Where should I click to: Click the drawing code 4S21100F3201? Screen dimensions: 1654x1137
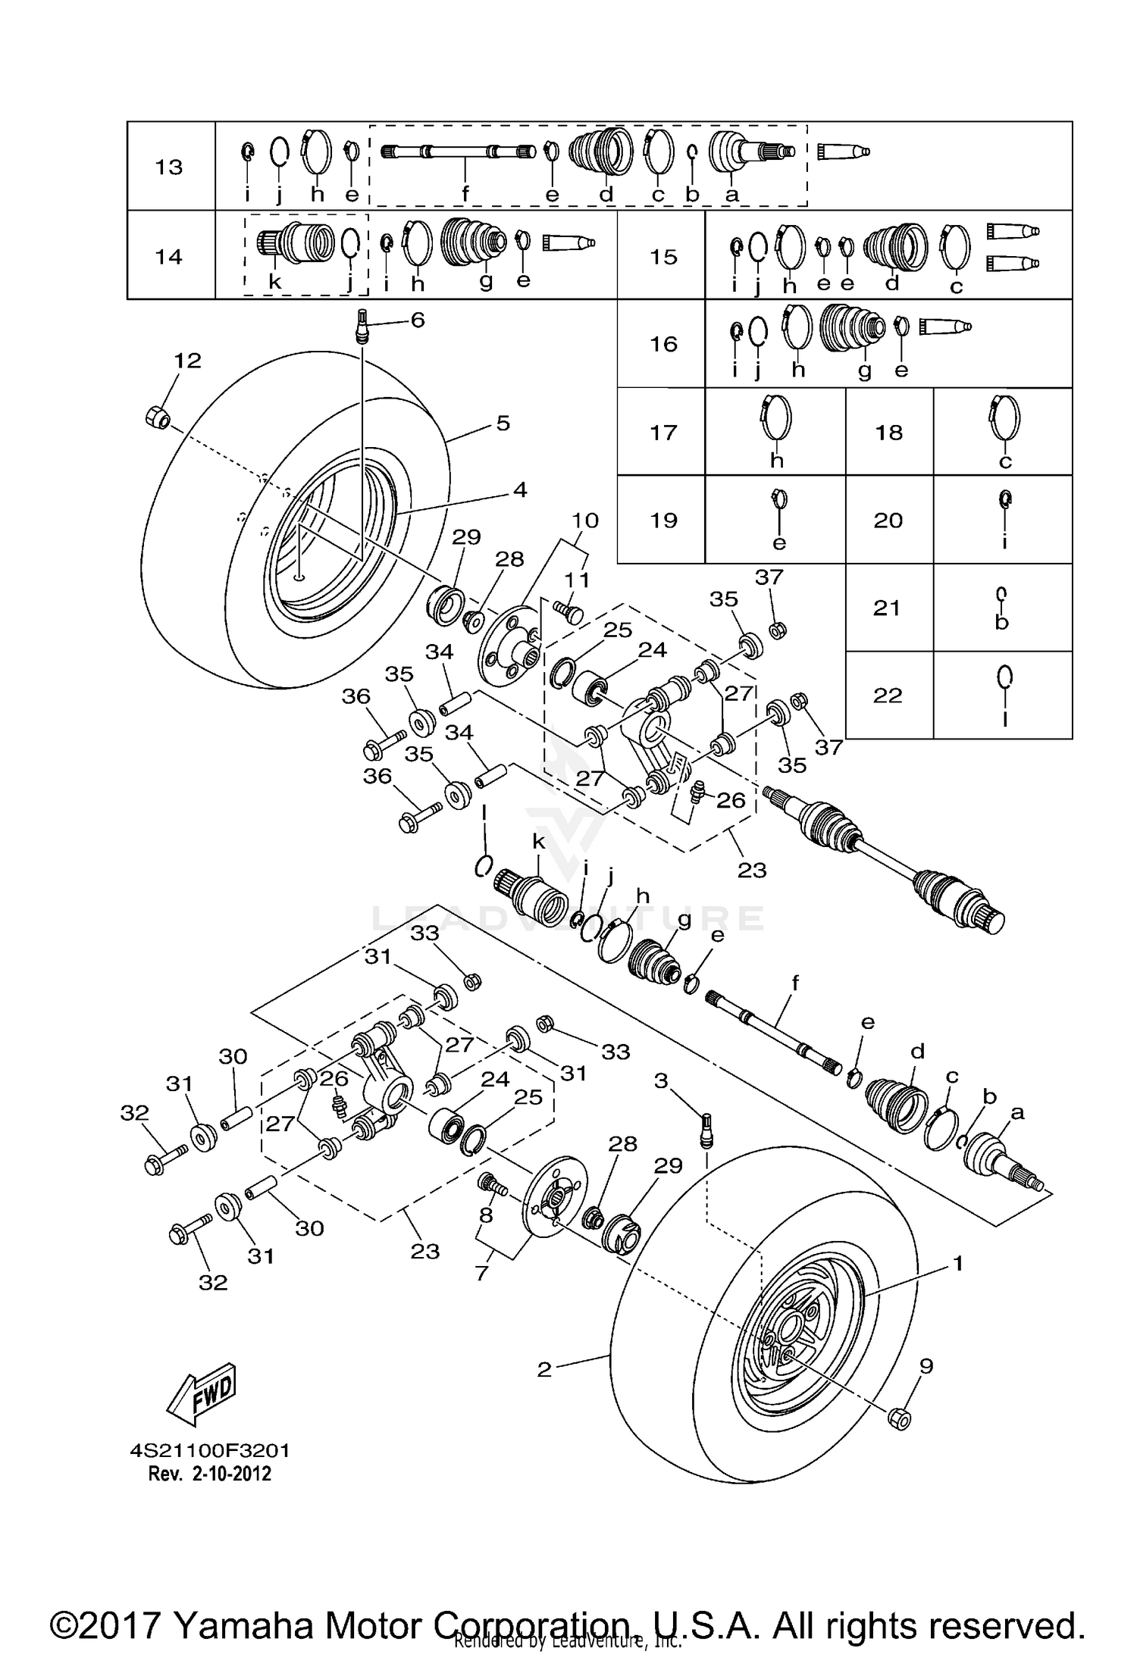(x=210, y=1451)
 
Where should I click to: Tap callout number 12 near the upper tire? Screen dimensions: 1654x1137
(x=187, y=361)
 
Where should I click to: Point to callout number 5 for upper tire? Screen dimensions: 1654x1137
(x=503, y=423)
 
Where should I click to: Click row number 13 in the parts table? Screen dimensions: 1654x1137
(x=169, y=167)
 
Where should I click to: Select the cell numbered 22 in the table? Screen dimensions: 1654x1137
(x=888, y=695)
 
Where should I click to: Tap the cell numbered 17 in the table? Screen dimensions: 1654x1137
(x=663, y=432)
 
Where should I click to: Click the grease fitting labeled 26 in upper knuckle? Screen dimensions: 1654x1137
(x=698, y=795)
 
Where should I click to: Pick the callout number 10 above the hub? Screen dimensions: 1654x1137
(x=584, y=521)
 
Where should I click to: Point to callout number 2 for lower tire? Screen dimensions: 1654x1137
(x=544, y=1369)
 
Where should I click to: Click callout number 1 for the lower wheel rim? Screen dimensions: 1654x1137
(x=958, y=1263)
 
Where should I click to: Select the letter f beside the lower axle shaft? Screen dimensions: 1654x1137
(x=795, y=983)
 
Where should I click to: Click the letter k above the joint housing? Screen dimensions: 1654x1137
(x=538, y=841)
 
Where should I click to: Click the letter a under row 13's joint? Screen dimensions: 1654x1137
(x=731, y=195)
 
